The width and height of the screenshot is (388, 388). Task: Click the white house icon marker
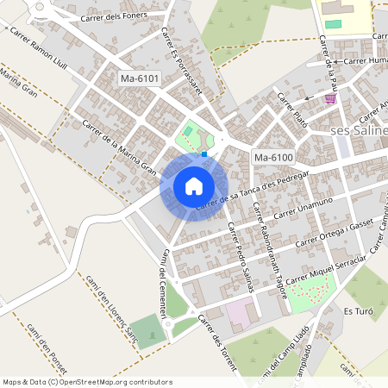[x=194, y=185]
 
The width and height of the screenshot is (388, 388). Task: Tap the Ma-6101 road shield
[x=139, y=79]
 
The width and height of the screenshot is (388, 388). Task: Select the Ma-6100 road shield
[x=273, y=157]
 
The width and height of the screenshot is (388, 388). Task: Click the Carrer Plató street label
[x=291, y=110]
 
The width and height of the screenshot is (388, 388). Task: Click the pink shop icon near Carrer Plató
[x=331, y=99]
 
